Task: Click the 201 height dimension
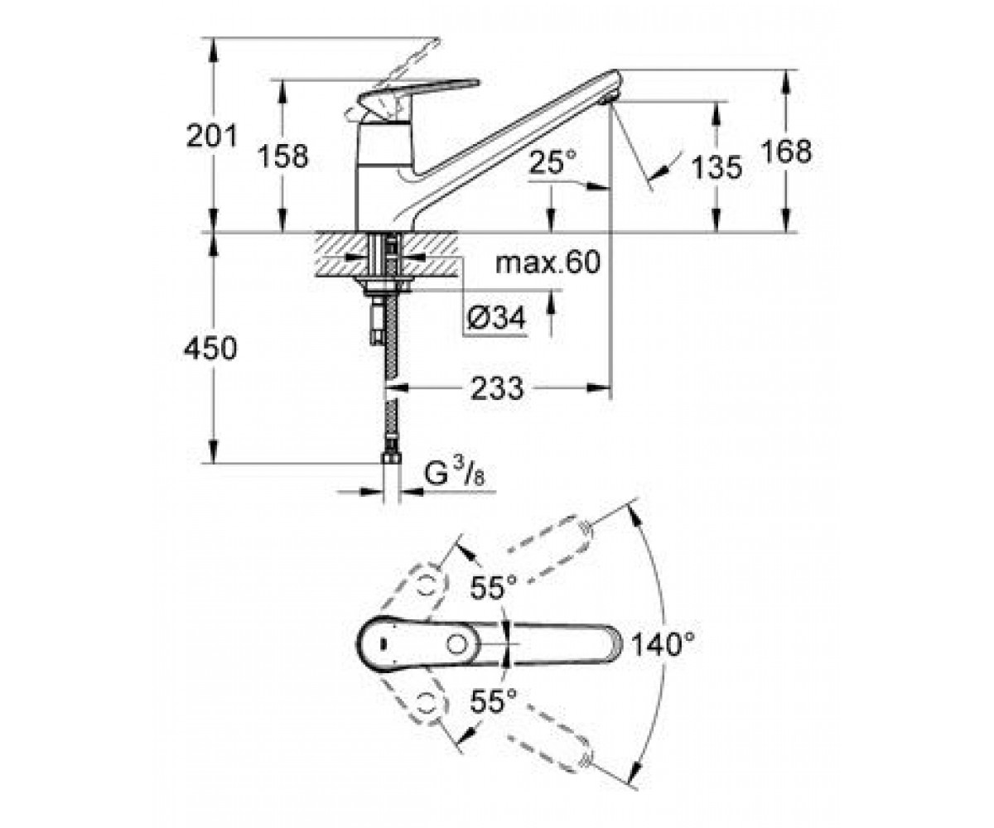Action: [212, 136]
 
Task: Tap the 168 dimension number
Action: [786, 152]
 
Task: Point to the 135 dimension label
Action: [717, 167]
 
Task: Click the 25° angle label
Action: [552, 161]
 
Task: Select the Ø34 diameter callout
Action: [496, 317]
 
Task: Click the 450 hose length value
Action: [210, 348]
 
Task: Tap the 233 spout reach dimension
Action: [497, 388]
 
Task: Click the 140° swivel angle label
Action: [662, 645]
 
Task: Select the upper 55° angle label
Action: [493, 587]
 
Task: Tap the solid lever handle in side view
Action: [417, 94]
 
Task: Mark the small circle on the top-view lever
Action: [457, 645]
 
